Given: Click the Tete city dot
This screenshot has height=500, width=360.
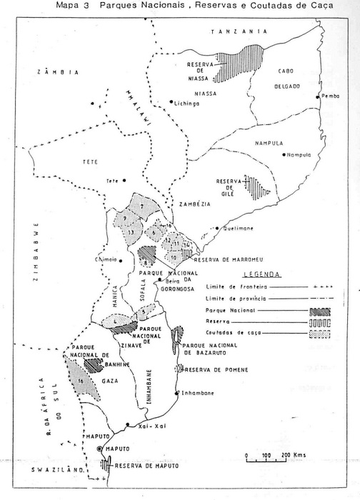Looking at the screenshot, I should (x=124, y=180).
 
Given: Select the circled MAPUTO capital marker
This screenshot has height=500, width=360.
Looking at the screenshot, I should (x=100, y=448).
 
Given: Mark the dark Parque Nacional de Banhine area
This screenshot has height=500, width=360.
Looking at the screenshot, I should (x=92, y=363).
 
